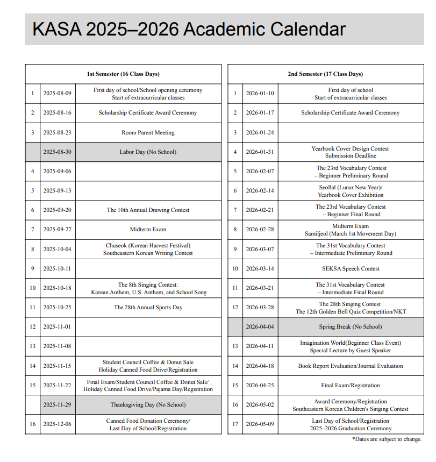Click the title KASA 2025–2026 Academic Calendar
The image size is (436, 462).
[x=189, y=29]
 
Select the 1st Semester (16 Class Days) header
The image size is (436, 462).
[x=123, y=74]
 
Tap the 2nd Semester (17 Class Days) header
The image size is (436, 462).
[x=325, y=74]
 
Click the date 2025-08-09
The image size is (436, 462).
[x=57, y=94]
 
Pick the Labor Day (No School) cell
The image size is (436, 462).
[x=148, y=152]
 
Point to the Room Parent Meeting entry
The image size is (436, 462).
[x=148, y=133]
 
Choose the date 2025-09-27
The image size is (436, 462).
[x=57, y=230]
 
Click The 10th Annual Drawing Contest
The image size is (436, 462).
[x=148, y=210]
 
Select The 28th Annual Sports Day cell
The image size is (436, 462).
[x=148, y=308]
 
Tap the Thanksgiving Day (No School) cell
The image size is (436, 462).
[x=148, y=404]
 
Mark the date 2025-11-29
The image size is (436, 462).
[x=57, y=404]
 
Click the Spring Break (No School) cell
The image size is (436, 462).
[x=351, y=327]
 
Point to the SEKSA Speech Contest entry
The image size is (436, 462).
[x=351, y=269]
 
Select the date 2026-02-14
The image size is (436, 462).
[x=260, y=191]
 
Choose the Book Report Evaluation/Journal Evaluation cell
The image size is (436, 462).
[x=351, y=366]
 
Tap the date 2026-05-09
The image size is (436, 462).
[x=260, y=424]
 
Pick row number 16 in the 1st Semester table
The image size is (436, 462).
[x=32, y=424]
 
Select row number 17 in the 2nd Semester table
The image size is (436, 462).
[x=235, y=424]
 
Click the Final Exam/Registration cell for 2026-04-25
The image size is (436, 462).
[x=351, y=386]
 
